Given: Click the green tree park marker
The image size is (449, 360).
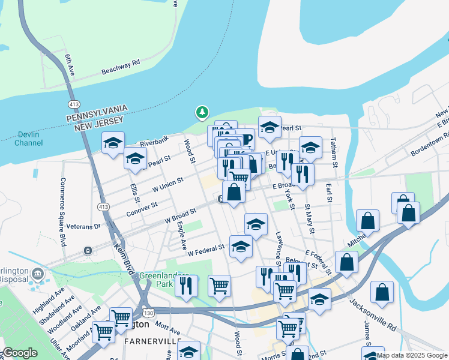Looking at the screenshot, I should click(x=202, y=112).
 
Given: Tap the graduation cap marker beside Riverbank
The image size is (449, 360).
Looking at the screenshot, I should click(x=113, y=144).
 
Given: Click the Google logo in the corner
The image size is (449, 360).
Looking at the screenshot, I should click(x=19, y=353).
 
